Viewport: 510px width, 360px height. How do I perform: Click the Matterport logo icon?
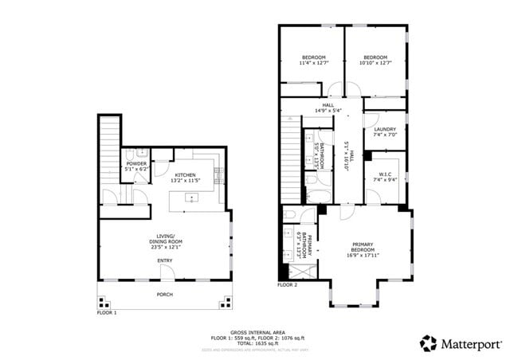pos(428,342)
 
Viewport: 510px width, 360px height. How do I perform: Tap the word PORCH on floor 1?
pos(165,293)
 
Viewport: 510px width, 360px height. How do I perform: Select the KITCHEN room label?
pos(186,174)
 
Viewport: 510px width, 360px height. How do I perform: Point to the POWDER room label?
pos(136,163)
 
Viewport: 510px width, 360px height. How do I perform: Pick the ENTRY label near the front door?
pos(165,260)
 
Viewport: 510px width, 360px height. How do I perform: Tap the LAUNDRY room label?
pos(385,128)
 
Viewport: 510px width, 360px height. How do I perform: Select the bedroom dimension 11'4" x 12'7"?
pos(312,63)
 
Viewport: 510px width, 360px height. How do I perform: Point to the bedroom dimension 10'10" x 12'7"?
pos(375,63)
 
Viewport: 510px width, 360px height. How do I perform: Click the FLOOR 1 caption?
pos(107,313)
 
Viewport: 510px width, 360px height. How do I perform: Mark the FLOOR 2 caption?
pos(287,284)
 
